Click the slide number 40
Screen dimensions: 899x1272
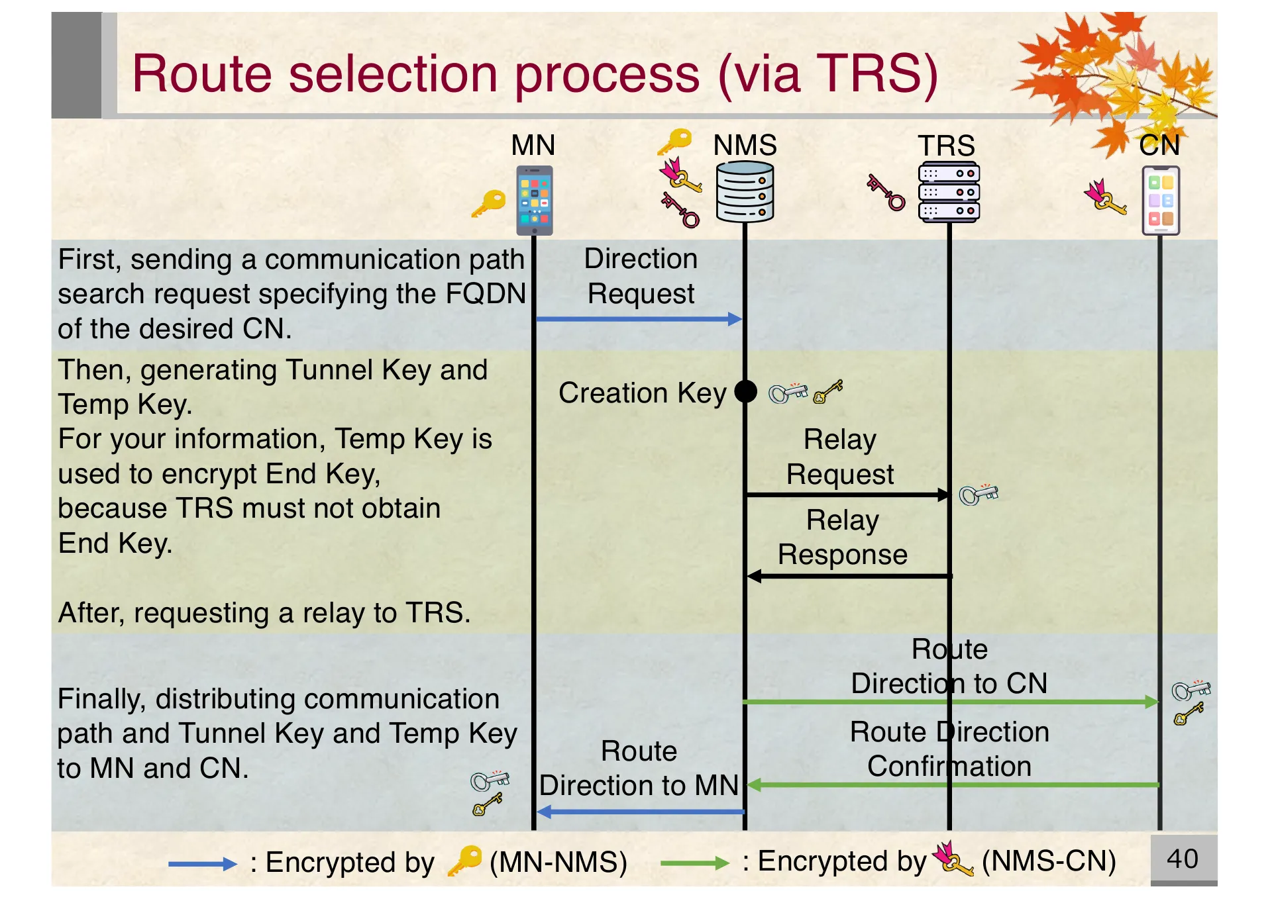click(x=1182, y=859)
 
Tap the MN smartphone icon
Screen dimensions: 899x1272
click(x=534, y=201)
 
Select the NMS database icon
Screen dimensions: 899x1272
click(x=745, y=193)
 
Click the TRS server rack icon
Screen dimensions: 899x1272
click(x=949, y=192)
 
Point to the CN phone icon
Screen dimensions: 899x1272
click(x=1161, y=201)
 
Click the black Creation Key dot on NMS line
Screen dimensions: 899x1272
click(x=745, y=391)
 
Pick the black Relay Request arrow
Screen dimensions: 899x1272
click(x=847, y=495)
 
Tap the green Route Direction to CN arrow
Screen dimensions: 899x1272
click(x=950, y=702)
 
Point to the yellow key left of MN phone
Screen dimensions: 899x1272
click(x=489, y=203)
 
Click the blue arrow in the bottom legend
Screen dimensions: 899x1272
click(x=202, y=863)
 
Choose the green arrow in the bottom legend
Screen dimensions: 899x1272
click(x=694, y=863)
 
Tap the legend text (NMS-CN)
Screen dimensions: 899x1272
click(x=1049, y=861)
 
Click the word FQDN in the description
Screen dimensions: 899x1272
click(x=486, y=293)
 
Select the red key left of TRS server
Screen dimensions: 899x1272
click(x=886, y=192)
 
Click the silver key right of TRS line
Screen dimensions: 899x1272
click(x=979, y=495)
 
